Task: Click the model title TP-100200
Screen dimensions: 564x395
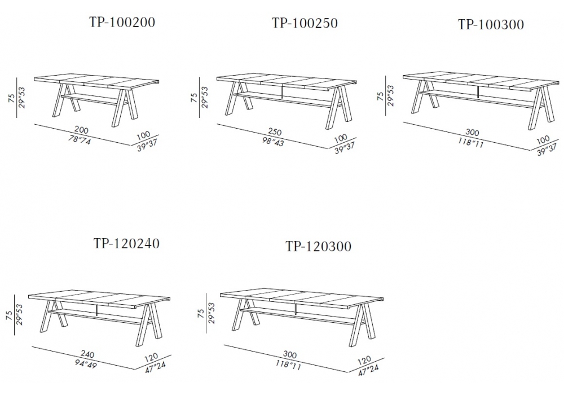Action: [122, 23]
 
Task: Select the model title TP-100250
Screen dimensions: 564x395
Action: [305, 23]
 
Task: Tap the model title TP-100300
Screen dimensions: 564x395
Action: [491, 24]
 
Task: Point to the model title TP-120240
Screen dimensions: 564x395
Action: [126, 244]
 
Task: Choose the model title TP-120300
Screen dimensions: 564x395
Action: [318, 247]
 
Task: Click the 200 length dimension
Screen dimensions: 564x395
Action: [81, 130]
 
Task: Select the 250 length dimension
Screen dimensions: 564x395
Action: [275, 132]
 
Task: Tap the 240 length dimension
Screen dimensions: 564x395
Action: [87, 355]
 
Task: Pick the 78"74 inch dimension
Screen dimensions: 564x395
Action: [80, 140]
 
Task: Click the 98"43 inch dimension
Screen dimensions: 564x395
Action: [272, 142]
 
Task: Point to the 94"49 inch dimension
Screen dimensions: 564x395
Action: [86, 365]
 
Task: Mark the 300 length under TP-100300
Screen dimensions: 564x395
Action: [472, 133]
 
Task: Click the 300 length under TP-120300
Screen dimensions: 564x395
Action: [289, 355]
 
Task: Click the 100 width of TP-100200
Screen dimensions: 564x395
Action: [143, 136]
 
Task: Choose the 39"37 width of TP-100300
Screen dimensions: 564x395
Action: [547, 150]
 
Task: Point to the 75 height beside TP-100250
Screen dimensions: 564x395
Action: [194, 98]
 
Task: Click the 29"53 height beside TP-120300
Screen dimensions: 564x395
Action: [211, 313]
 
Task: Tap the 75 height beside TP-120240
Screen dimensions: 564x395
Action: [10, 316]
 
